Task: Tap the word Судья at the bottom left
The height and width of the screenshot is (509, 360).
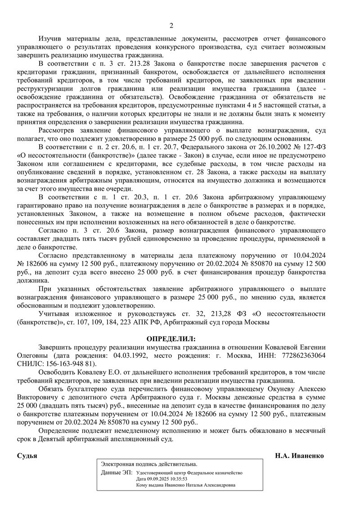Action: tap(27, 455)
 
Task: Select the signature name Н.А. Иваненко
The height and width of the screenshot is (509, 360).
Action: tap(300, 455)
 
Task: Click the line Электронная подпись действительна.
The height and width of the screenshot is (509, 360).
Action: tap(149, 464)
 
